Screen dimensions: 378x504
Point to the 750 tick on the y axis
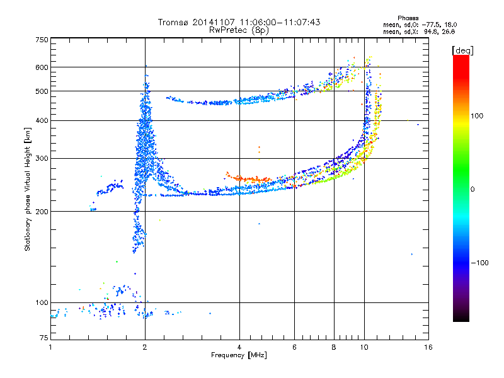click(42, 40)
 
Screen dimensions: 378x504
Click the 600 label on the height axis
click(42, 67)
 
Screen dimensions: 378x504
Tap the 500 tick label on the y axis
click(42, 91)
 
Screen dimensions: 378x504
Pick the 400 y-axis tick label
click(42, 120)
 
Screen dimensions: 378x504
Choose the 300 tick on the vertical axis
click(42, 158)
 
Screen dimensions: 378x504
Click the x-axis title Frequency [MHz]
click(239, 356)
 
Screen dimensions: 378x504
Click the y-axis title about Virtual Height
click(28, 189)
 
